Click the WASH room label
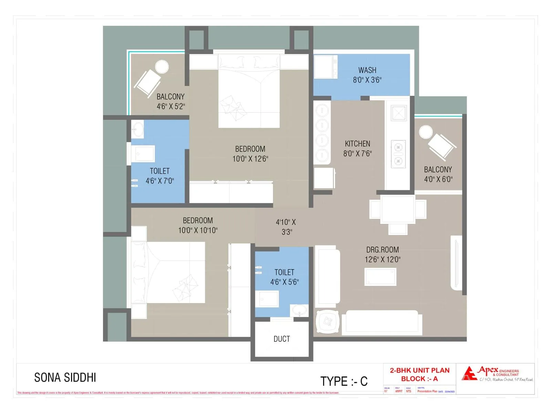[367, 71]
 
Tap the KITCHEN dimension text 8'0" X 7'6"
[357, 153]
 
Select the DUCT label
[281, 339]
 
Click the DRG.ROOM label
[382, 250]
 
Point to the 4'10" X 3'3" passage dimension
[286, 227]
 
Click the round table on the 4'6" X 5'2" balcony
[162, 66]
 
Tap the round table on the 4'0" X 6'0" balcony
[426, 132]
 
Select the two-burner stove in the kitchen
[398, 154]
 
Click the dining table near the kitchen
[398, 209]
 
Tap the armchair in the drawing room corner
[327, 322]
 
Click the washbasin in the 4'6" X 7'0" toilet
[138, 129]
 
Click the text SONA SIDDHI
[65, 378]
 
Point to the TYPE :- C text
[344, 381]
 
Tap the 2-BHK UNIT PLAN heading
[419, 370]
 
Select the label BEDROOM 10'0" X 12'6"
[250, 154]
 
